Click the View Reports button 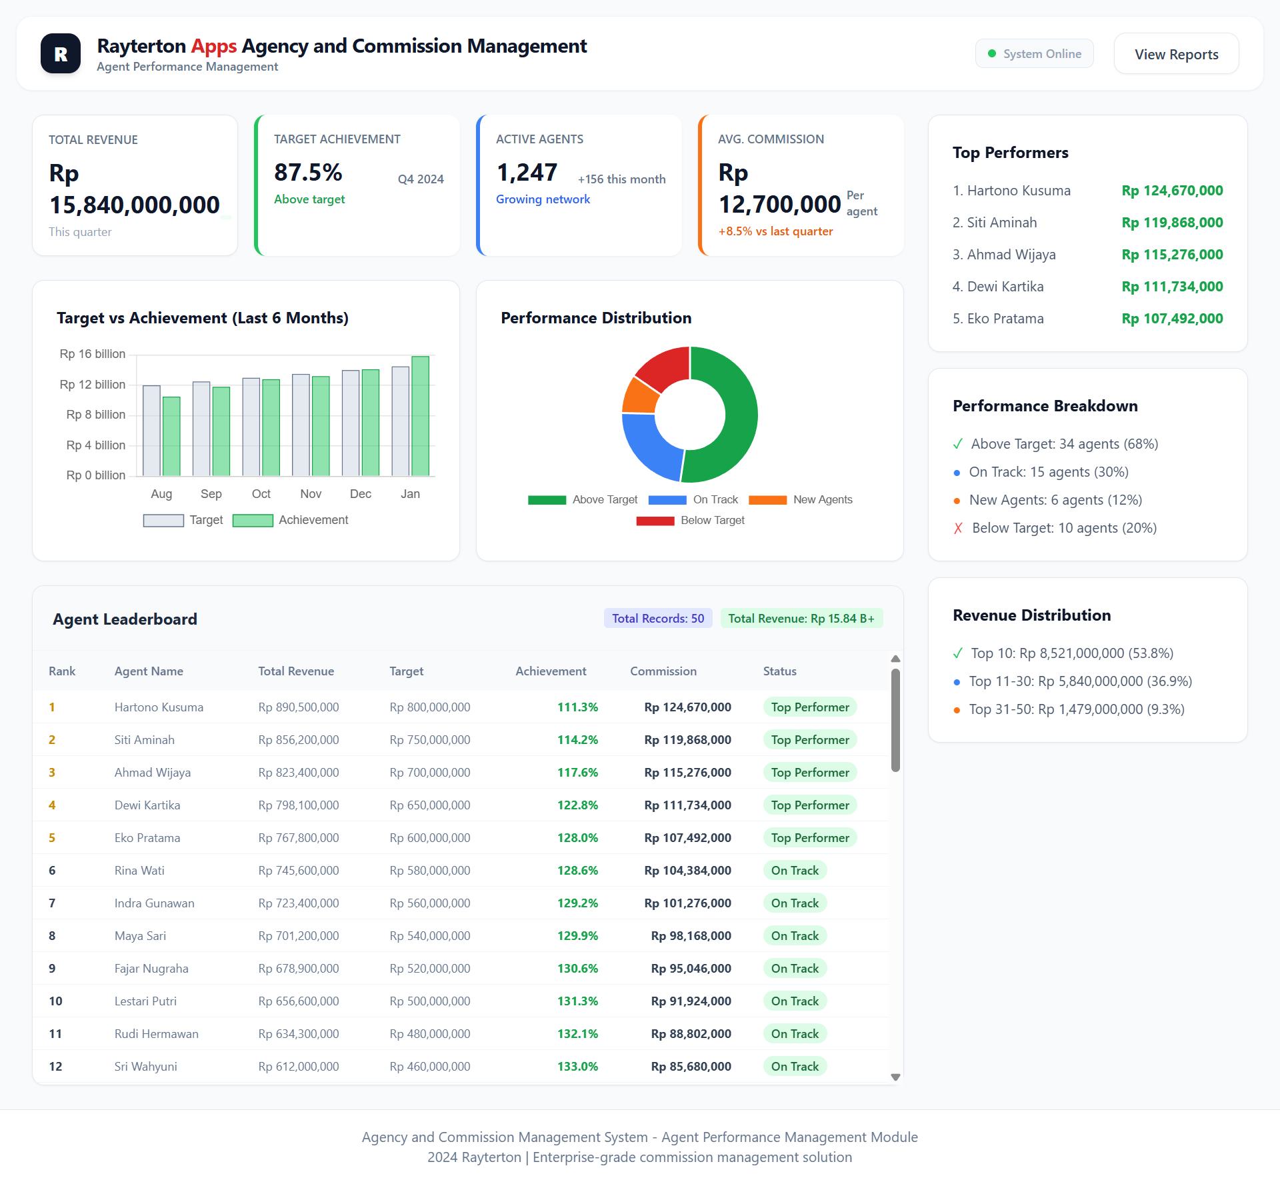[1176, 54]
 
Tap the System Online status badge [1034, 54]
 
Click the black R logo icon [61, 54]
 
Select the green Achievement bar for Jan [420, 415]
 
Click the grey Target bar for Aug [152, 430]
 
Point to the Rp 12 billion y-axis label [93, 385]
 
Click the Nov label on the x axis [311, 494]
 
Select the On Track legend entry [693, 500]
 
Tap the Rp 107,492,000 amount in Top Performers [1172, 319]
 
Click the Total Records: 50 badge [657, 619]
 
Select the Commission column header [663, 671]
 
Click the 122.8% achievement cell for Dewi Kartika [577, 805]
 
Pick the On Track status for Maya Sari [795, 936]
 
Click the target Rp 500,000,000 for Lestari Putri [429, 1001]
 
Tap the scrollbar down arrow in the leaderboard [895, 1077]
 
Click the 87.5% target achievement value [308, 173]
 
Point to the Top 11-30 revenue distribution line [1080, 681]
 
